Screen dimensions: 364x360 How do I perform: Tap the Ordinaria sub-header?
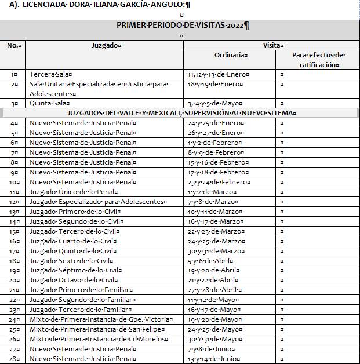[230, 55]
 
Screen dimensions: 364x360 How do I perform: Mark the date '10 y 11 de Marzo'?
[211, 211]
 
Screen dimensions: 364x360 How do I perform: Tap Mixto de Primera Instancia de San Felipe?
[93, 329]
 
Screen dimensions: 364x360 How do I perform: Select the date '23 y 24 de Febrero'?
[214, 181]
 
